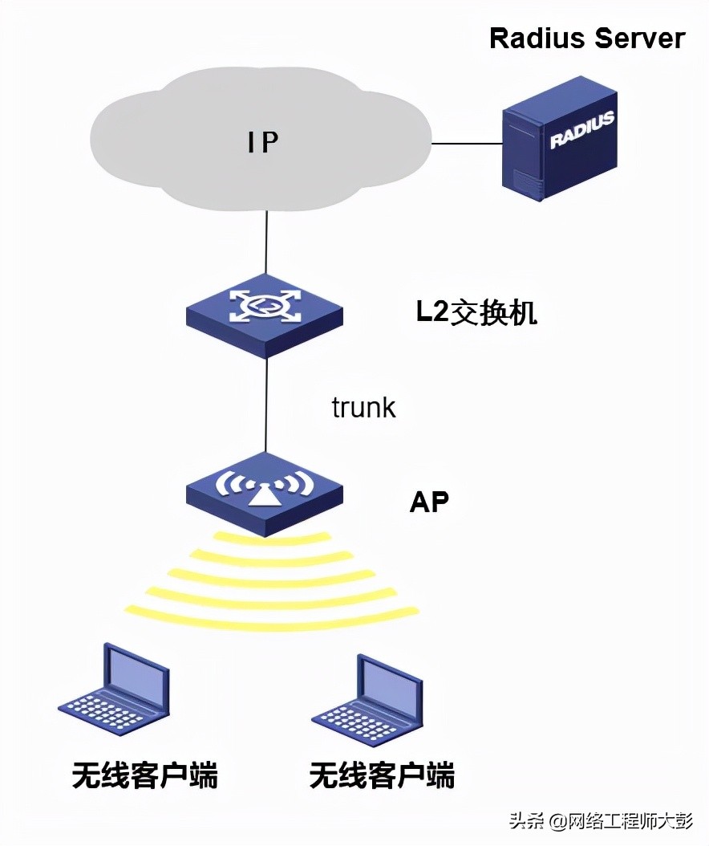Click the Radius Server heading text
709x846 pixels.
[587, 39]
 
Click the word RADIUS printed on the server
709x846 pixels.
[581, 130]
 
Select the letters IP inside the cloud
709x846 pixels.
[262, 142]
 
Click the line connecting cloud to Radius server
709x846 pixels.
[468, 144]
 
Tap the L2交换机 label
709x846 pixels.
[476, 313]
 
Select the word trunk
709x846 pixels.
[363, 407]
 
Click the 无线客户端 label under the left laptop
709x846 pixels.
[144, 775]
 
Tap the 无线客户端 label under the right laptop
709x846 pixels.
[382, 775]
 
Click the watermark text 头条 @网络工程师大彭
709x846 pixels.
[599, 820]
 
